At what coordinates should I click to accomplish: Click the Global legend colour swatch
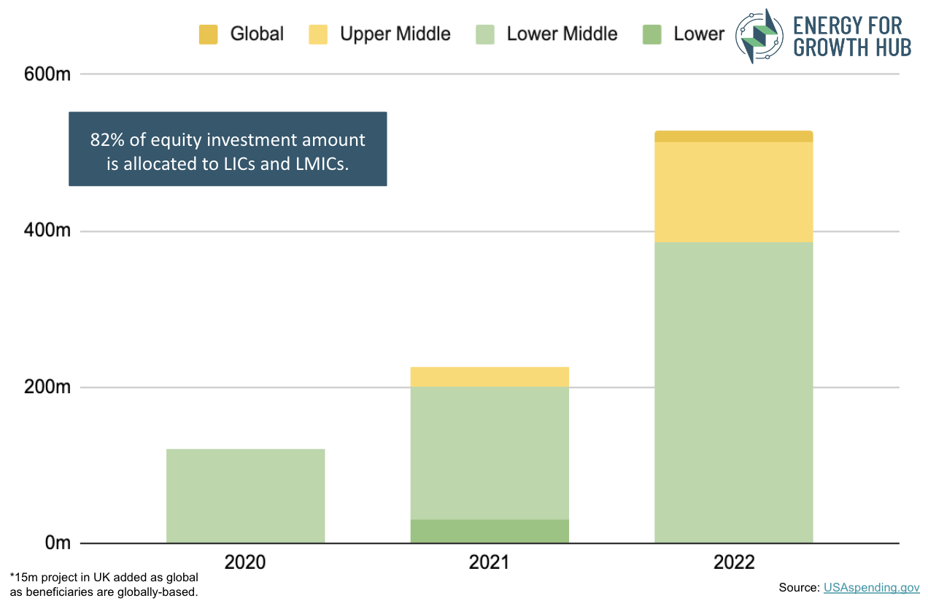point(208,34)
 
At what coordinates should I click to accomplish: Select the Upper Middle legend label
point(395,34)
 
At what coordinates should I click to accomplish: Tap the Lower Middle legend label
point(562,34)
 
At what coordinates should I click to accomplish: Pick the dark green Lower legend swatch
point(651,34)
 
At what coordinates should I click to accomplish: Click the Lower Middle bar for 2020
point(245,496)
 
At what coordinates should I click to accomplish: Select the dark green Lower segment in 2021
point(489,531)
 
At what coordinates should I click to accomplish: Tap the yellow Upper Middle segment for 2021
point(489,376)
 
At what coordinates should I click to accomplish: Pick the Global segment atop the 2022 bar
point(733,136)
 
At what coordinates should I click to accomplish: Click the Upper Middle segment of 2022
point(733,192)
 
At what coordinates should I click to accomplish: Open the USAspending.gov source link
point(871,587)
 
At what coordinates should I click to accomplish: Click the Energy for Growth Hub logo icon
point(759,36)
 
